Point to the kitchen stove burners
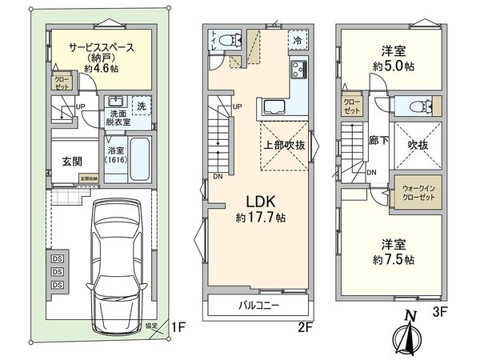point(298,70)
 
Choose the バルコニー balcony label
point(261,306)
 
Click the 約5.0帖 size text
point(391,66)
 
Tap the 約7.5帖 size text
point(391,260)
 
